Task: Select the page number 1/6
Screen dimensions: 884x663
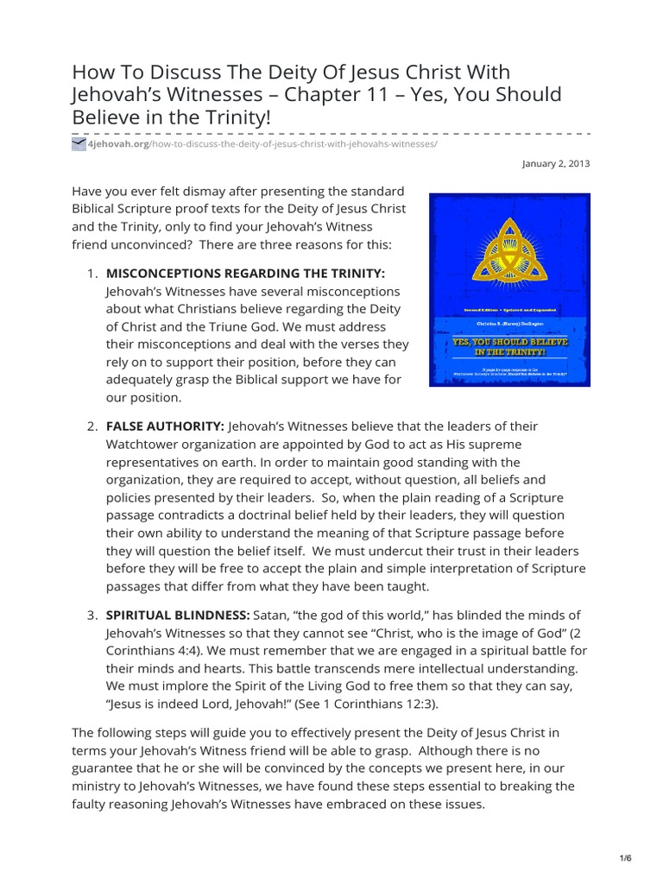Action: click(x=625, y=857)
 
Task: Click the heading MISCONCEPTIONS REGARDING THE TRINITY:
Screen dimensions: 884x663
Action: click(x=245, y=273)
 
